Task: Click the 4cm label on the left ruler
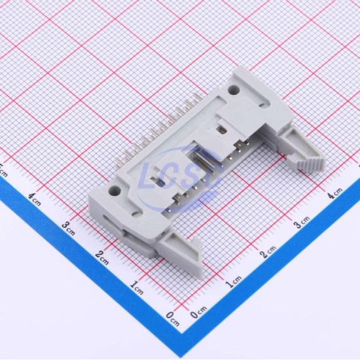click(x=35, y=199)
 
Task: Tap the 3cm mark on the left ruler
click(x=69, y=228)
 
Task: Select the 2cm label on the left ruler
click(x=102, y=258)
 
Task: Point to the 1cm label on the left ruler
click(x=136, y=288)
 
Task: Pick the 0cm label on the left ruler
click(x=173, y=319)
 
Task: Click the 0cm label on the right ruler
click(x=198, y=312)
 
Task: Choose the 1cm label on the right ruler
click(x=234, y=282)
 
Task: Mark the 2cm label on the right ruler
click(x=268, y=252)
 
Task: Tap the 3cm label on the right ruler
click(x=302, y=222)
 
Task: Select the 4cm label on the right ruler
click(x=335, y=193)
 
